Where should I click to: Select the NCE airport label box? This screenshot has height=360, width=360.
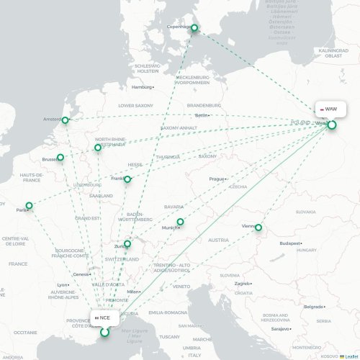pos(103,317)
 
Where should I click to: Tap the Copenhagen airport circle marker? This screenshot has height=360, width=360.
pos(194,28)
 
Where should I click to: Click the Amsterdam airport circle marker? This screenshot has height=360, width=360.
pos(66,120)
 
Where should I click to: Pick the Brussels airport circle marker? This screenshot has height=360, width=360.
pos(60,157)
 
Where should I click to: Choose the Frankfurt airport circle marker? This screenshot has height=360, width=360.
pos(127,179)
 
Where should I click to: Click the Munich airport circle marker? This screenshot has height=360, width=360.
pos(181,222)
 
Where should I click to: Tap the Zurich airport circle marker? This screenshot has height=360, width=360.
pos(128,244)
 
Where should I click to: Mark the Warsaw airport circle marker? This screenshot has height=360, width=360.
pos(332,125)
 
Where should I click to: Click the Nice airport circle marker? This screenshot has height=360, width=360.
pos(105,332)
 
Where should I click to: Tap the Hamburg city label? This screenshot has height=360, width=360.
pos(142,87)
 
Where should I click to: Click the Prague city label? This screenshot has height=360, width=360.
pos(217,179)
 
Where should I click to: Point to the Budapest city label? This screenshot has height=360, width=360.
pos(289,243)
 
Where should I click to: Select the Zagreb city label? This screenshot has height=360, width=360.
pos(241,284)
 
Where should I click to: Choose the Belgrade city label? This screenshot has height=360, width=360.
pos(312,307)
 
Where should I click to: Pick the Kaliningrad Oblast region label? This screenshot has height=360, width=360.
pos(332,53)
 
